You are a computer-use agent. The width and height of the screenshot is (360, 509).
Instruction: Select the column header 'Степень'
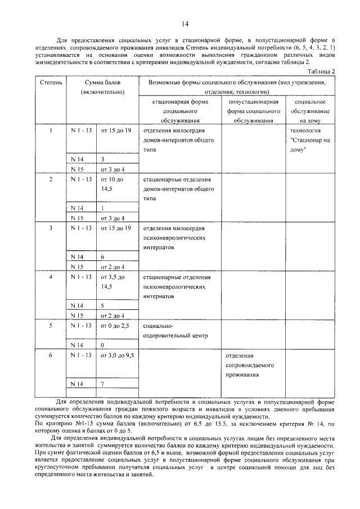pyautogui.click(x=51, y=83)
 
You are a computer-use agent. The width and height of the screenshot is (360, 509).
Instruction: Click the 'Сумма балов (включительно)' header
pyautogui.click(x=102, y=87)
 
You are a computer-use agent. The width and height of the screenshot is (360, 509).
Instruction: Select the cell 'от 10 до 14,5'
pyautogui.click(x=111, y=184)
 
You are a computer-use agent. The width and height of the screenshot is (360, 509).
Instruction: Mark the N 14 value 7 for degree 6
pyautogui.click(x=103, y=384)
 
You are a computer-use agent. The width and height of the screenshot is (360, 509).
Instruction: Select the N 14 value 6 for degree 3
pyautogui.click(x=103, y=256)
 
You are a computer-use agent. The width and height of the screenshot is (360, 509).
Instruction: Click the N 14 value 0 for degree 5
pyautogui.click(x=103, y=344)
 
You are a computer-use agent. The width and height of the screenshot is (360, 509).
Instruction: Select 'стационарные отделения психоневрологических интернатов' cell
pyautogui.click(x=176, y=286)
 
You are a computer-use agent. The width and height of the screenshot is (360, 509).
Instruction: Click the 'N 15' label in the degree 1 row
pyautogui.click(x=77, y=169)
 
